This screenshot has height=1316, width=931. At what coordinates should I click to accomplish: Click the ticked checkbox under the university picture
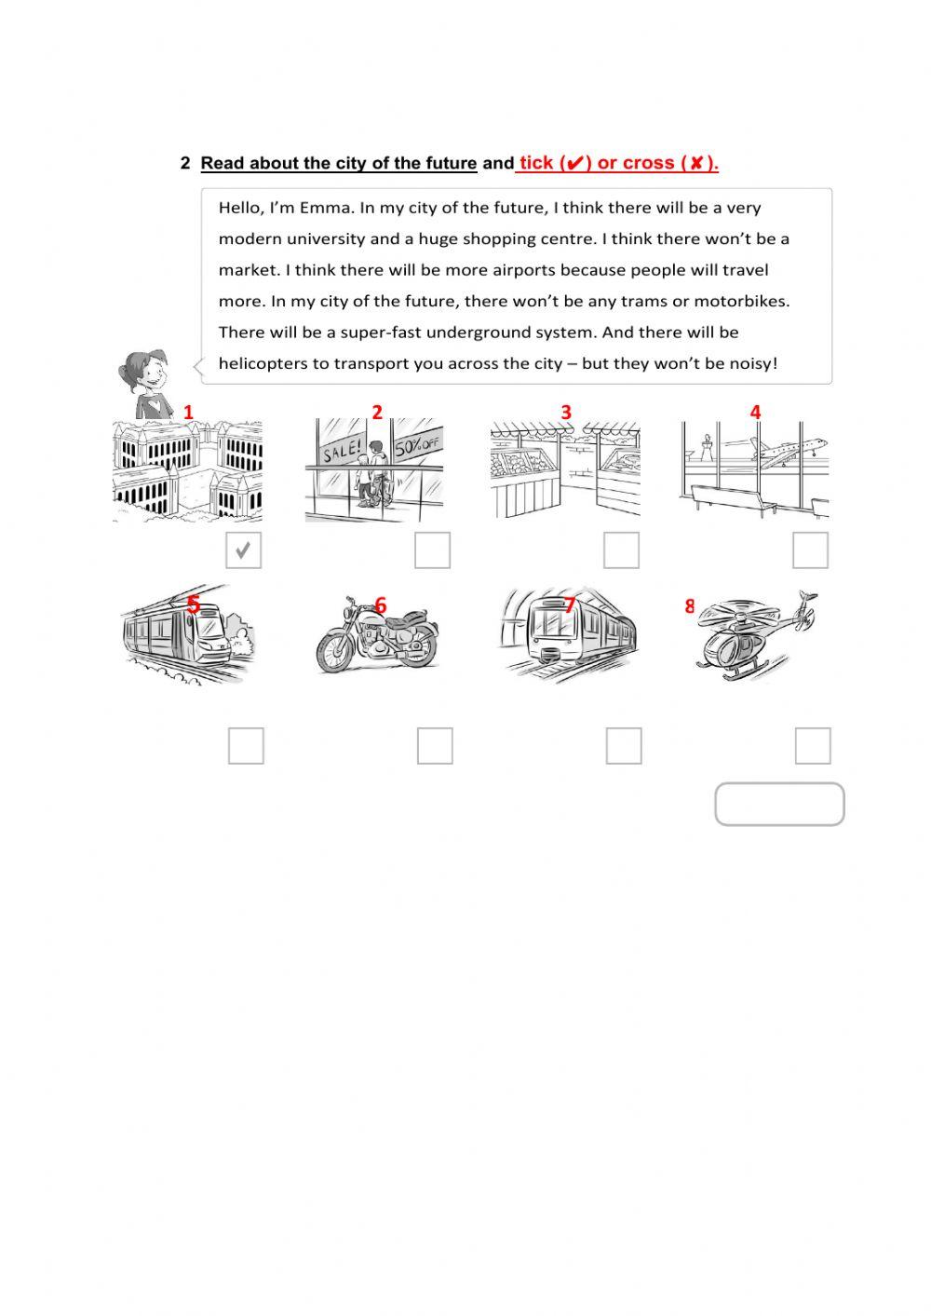(243, 550)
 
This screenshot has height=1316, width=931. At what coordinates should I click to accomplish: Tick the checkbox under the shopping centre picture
(432, 550)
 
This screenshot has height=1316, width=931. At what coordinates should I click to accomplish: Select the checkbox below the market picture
(621, 550)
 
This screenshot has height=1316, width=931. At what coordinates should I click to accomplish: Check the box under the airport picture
(810, 550)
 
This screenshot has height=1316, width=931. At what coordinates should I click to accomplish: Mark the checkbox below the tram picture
(246, 746)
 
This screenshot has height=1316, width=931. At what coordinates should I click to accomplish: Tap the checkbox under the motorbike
(435, 746)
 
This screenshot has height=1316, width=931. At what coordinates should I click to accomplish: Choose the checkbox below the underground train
(624, 746)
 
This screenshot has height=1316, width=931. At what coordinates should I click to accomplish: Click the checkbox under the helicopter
(813, 746)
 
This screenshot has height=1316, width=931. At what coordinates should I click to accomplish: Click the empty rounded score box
(779, 805)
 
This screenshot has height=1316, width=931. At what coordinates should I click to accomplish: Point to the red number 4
(755, 412)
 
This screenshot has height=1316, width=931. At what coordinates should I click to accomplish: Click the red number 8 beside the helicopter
(690, 606)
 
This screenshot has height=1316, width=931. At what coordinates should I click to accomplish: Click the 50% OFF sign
(416, 444)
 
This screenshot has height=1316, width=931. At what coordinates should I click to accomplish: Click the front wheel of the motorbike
(335, 651)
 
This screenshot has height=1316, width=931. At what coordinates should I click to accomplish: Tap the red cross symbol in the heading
(695, 164)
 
